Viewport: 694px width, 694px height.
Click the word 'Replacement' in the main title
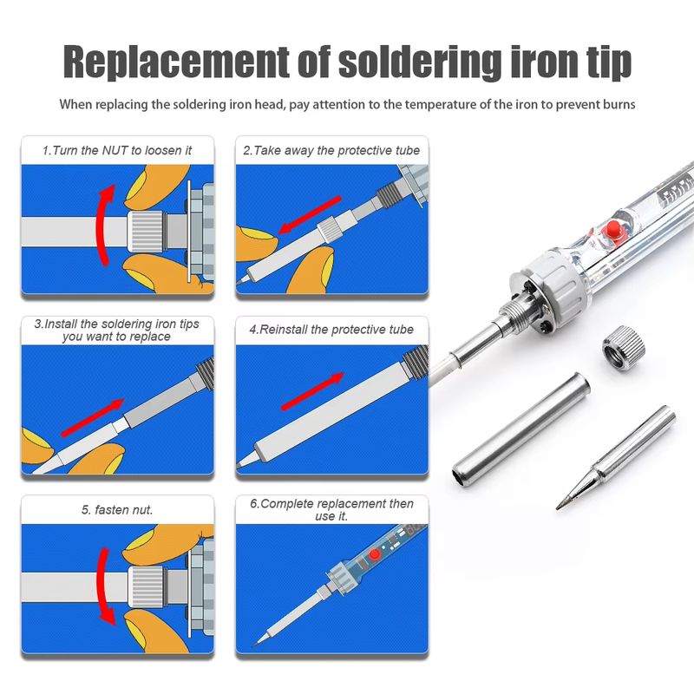pos(176,62)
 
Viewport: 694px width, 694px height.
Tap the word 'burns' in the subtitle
pos(619,104)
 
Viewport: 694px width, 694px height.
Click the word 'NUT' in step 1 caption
pos(115,150)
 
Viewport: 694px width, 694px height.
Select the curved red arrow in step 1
pos(105,225)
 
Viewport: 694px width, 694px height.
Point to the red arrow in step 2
pos(310,214)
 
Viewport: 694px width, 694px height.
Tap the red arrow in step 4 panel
pos(312,391)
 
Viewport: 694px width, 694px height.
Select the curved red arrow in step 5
pos(104,586)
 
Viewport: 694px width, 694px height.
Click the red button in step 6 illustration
pos(375,554)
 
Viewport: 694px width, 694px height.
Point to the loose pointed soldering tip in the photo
pos(616,458)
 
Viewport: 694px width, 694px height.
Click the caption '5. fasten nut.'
pos(117,510)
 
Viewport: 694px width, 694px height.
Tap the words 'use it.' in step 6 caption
pos(331,516)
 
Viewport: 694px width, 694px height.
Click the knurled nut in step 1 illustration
pos(145,232)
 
